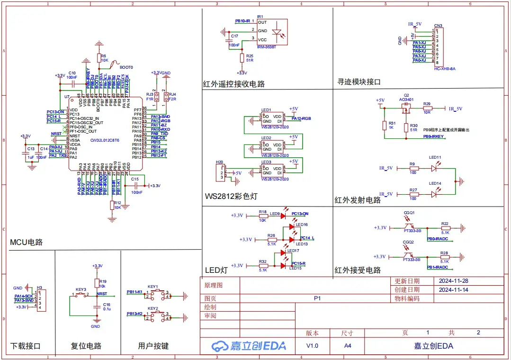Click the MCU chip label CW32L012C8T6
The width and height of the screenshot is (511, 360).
[x=105, y=140]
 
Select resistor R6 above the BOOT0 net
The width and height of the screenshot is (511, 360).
[x=99, y=58]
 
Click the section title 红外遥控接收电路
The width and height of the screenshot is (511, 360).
[x=233, y=84]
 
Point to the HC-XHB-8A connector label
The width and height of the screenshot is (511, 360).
[x=444, y=69]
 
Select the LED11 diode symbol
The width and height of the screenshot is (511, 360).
[x=435, y=167]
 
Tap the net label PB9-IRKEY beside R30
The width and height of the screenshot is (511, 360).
[x=433, y=136]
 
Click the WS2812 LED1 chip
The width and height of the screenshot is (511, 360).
[x=272, y=118]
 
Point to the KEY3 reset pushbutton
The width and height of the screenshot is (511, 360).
[x=81, y=295]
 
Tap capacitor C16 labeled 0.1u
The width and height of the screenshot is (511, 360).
[x=97, y=307]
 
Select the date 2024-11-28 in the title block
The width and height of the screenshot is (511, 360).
[x=453, y=280]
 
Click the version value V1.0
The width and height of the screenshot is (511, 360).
[x=312, y=346]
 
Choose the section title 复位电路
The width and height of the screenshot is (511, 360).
[x=86, y=346]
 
